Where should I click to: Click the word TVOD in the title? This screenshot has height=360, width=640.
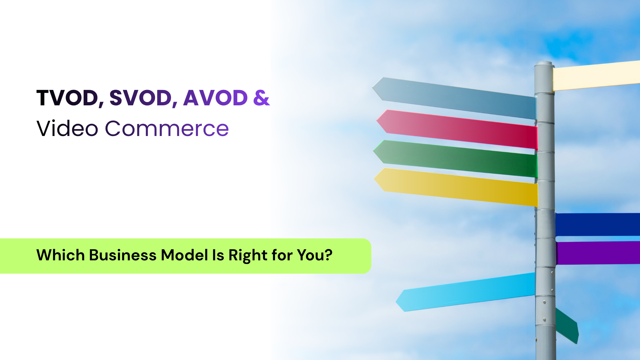[x=68, y=98]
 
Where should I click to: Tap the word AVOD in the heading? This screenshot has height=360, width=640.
[x=216, y=98]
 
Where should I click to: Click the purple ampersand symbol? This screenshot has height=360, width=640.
[x=262, y=98]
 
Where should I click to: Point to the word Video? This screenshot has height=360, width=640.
[x=67, y=129]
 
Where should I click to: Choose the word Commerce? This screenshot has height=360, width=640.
[x=167, y=129]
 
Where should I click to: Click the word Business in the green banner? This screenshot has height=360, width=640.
[x=123, y=255]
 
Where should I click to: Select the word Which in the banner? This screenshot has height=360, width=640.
[x=61, y=255]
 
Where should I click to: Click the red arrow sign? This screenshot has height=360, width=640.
[x=457, y=129]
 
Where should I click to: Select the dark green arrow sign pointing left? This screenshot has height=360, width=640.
[x=455, y=159]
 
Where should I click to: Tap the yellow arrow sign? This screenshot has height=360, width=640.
[x=456, y=187]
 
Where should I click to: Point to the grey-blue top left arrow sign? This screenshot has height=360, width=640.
[x=454, y=98]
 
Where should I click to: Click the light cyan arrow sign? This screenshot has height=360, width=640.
[x=465, y=292]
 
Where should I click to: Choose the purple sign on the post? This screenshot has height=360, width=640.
[x=598, y=253]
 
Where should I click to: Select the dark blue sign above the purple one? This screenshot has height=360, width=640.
[x=598, y=225]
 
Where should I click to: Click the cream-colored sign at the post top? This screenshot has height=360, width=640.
[x=596, y=76]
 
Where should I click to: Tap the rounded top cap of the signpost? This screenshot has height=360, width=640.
[x=544, y=64]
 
